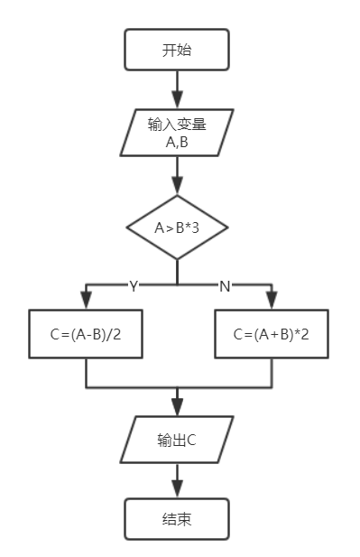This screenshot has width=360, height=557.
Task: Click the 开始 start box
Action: tap(177, 50)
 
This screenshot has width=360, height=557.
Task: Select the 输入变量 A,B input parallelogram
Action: tap(177, 133)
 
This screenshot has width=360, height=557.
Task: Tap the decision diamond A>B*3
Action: tap(177, 227)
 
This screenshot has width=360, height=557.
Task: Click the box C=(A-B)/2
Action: tap(86, 334)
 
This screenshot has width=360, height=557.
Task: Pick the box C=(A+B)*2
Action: tap(272, 334)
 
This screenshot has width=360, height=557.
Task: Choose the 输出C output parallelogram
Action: tap(177, 441)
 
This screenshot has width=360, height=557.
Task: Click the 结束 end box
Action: tap(177, 520)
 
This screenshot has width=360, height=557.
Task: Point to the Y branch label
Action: tap(134, 286)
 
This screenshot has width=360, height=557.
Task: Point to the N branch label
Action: tap(225, 286)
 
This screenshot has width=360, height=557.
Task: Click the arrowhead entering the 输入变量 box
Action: tap(177, 102)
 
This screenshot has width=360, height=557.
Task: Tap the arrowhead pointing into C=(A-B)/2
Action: tap(86, 303)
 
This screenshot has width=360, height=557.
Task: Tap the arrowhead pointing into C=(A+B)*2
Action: tap(272, 303)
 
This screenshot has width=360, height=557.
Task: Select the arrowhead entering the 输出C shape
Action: tap(177, 408)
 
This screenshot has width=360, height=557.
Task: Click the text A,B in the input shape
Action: tap(177, 142)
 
